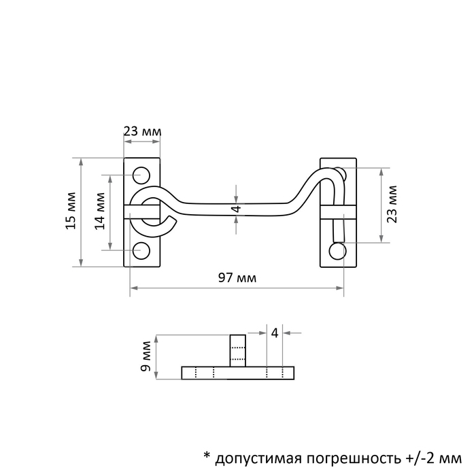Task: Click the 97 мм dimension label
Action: (x=237, y=277)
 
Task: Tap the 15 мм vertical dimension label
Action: (x=71, y=211)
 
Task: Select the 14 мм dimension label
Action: (x=100, y=211)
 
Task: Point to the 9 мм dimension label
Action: (x=146, y=356)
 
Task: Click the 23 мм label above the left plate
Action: (x=142, y=132)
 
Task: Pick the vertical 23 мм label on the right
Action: (x=392, y=204)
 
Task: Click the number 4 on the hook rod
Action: (x=237, y=209)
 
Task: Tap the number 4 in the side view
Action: (x=275, y=333)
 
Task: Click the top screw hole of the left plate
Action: (x=141, y=175)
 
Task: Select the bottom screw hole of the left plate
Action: (x=141, y=251)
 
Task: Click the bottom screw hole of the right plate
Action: (x=337, y=251)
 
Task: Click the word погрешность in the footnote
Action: (x=354, y=458)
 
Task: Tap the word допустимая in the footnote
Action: (x=258, y=458)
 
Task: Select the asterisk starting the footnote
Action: (x=207, y=455)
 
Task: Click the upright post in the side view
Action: (x=238, y=351)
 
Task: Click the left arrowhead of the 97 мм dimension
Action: (x=133, y=288)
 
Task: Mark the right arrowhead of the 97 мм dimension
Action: (x=340, y=288)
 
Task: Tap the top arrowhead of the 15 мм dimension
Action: (x=81, y=162)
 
